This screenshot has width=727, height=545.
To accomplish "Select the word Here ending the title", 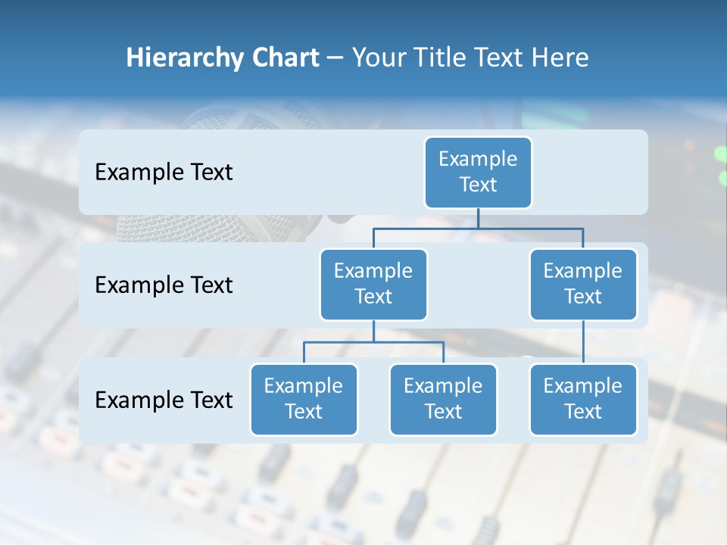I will coord(561,58).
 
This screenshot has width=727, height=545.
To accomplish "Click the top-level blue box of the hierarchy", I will coord(478,172).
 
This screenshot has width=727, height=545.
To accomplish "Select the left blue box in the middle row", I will coord(373,284).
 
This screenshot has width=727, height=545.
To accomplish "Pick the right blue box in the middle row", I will coord(583,284).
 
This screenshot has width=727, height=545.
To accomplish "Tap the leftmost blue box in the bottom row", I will coord(304,399).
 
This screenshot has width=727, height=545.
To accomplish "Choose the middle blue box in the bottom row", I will coord(443,399).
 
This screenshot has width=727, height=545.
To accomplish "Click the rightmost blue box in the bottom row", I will coord(583,399).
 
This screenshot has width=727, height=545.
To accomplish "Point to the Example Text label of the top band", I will coord(164,173).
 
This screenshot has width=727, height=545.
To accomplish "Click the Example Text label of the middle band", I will coord(164,285).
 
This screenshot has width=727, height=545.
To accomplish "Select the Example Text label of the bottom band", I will coord(164,400).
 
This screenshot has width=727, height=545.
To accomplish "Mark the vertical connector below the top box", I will coord(478,219).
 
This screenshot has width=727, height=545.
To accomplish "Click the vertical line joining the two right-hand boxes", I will coord(583,342).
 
